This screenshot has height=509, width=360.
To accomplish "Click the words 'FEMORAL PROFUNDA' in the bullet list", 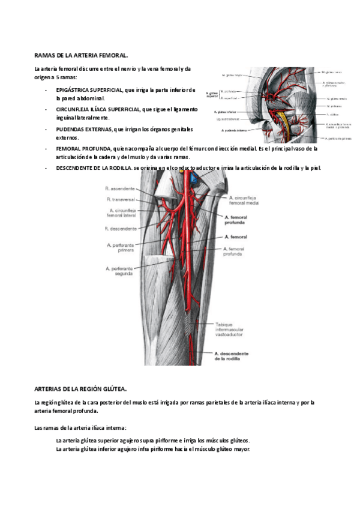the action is pyautogui.click(x=82, y=148).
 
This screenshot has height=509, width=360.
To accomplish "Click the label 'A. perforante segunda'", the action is pyautogui.click(x=120, y=271).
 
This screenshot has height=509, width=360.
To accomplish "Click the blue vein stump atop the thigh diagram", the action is pyautogui.click(x=194, y=178).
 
